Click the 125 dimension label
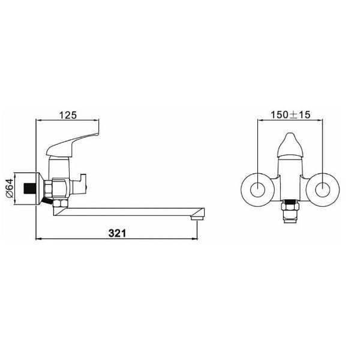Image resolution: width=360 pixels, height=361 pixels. pyautogui.click(x=68, y=115)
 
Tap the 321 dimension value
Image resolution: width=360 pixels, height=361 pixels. pyautogui.click(x=117, y=233)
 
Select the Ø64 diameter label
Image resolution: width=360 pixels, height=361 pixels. pyautogui.click(x=10, y=188)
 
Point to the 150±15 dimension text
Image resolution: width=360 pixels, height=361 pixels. pyautogui.click(x=290, y=115)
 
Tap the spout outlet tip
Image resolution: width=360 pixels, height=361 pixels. pyautogui.click(x=197, y=217)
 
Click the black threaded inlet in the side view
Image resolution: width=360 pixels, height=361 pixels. pyautogui.click(x=30, y=188)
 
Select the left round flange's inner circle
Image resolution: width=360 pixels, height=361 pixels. pyautogui.click(x=257, y=189)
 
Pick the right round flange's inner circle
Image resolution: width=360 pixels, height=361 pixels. pyautogui.click(x=322, y=189)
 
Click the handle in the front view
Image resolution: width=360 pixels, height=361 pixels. pyautogui.click(x=290, y=145)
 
